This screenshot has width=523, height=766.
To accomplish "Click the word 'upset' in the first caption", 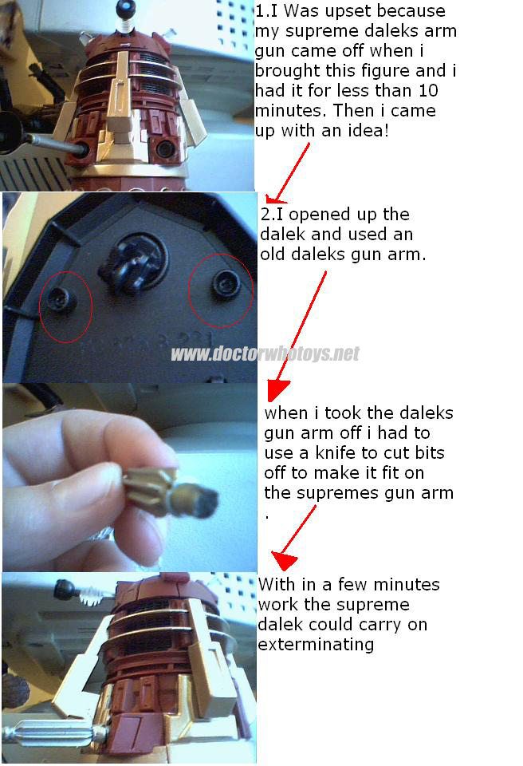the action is tap(347, 10).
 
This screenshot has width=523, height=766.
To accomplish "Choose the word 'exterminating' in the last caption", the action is tap(316, 645).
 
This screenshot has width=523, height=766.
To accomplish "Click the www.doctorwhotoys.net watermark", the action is tap(265, 353).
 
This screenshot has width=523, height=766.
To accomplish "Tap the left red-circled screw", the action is tap(61, 299).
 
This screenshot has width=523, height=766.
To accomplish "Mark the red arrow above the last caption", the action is tap(294, 537).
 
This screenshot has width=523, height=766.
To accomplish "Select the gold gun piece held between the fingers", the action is tap(171, 492).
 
